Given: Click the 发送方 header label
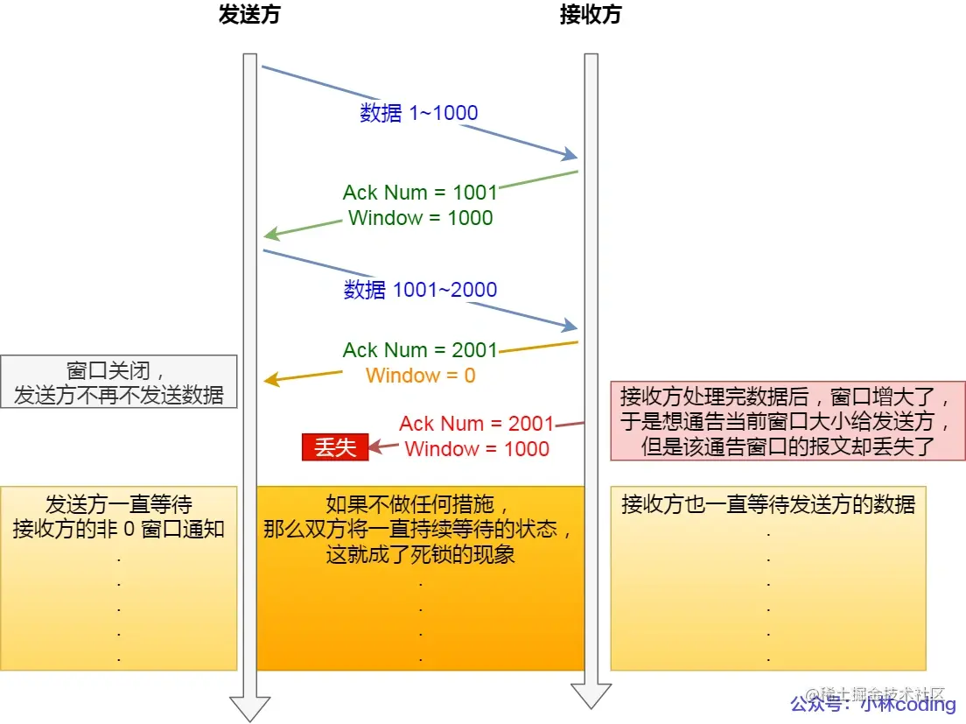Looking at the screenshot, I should coord(249,15).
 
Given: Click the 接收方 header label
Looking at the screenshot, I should coord(591,15).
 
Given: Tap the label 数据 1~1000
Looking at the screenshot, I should coord(419,113).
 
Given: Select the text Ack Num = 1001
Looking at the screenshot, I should coord(420,193).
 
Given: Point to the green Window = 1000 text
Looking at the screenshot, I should coord(420,218).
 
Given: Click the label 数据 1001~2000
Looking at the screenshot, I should coord(420,290).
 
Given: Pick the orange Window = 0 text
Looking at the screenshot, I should coord(421,376).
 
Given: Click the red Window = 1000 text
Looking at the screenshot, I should coord(477,449).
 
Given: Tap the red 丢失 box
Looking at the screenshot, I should coord(335,447).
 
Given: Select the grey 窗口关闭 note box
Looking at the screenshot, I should coord(119,382).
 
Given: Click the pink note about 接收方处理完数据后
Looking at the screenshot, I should coord(787,421).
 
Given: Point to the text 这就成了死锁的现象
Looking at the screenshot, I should coord(420,554).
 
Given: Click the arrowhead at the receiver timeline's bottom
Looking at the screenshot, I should coord(591,694).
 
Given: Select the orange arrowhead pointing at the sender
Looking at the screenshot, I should coord(271,380).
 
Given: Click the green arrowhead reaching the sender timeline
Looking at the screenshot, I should coord(271,235).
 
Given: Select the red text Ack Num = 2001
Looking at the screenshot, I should coord(477,424).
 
